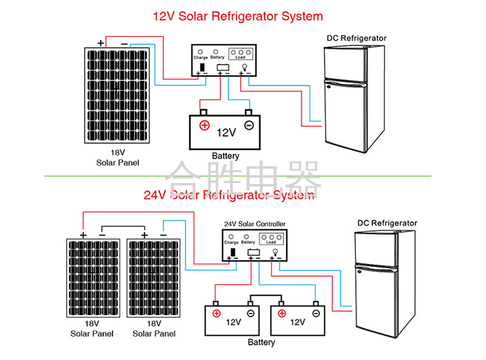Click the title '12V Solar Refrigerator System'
[238, 16]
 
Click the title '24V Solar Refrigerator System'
[229, 195]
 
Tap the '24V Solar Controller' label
[255, 224]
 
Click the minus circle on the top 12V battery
[248, 126]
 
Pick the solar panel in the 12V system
[117, 94]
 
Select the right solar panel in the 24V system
[154, 278]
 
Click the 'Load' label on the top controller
[240, 57]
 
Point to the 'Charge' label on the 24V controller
[231, 242]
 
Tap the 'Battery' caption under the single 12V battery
[225, 156]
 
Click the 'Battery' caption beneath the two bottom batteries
[261, 342]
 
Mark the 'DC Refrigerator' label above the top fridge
[357, 38]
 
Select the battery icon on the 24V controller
[253, 252]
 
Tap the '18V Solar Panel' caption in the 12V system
[117, 158]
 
